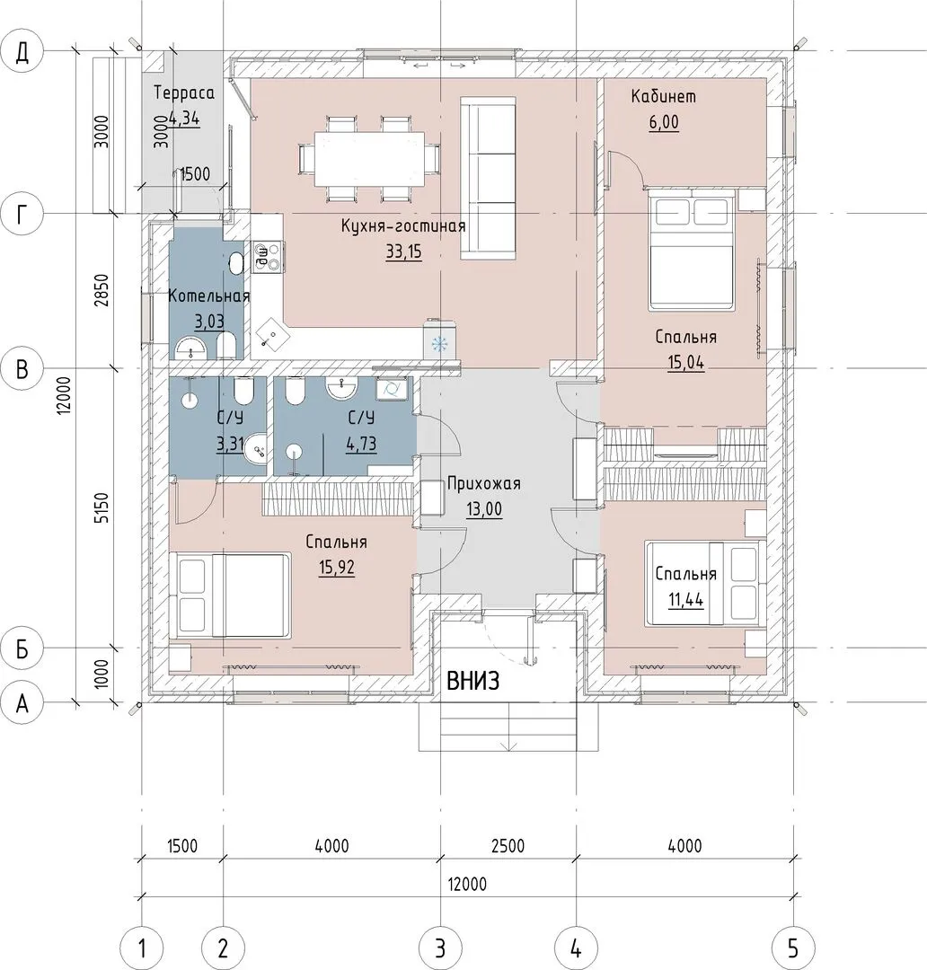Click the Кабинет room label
(664, 96)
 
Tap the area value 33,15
(403, 251)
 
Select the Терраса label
(184, 93)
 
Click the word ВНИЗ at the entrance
(472, 682)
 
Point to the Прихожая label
(484, 483)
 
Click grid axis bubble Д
(22, 52)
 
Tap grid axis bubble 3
(440, 948)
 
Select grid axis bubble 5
(793, 948)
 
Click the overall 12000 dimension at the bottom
(466, 884)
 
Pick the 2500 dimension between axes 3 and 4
(508, 846)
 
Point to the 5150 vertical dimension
(102, 507)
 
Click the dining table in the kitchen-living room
(369, 158)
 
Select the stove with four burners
(268, 256)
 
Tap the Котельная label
(209, 296)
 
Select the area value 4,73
(361, 445)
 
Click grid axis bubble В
(22, 369)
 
